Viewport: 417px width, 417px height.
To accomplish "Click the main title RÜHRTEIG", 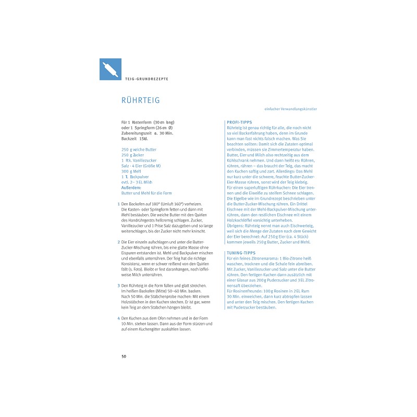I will (x=140, y=100).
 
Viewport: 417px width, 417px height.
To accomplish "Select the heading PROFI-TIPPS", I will (x=240, y=122).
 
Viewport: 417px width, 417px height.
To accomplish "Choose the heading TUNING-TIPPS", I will (x=241, y=252).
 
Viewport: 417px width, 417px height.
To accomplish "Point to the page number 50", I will (x=124, y=356).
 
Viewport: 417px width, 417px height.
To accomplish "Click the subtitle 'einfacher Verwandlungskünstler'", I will (x=291, y=109).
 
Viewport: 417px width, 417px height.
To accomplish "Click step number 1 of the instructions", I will (x=119, y=204).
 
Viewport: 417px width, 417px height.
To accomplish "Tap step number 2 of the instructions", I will (x=119, y=242).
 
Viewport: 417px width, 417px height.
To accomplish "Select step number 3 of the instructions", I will (x=119, y=286).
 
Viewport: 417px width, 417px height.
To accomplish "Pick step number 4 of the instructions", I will (x=119, y=318).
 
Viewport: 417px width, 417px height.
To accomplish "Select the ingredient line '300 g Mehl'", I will (x=132, y=171).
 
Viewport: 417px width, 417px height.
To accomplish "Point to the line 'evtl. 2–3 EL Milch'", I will (x=137, y=182).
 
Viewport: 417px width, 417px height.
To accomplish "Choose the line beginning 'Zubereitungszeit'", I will (x=147, y=133).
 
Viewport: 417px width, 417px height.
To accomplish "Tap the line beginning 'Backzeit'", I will (x=136, y=139).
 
